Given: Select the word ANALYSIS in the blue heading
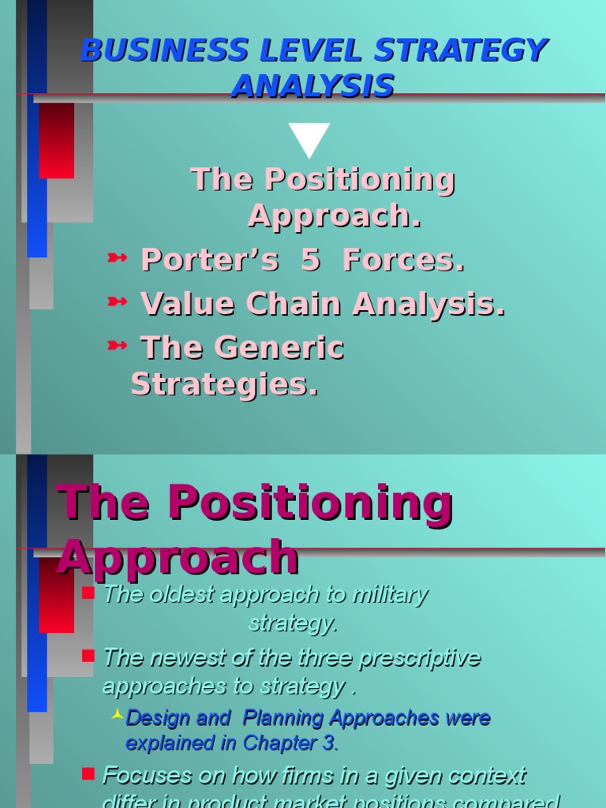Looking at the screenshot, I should (x=313, y=86).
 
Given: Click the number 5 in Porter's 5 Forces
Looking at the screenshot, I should (x=310, y=260).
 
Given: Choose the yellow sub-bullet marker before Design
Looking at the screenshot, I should (x=117, y=715).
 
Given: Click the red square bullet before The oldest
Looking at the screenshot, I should (x=88, y=593).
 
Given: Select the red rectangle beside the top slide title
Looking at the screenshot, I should (x=56, y=140).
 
